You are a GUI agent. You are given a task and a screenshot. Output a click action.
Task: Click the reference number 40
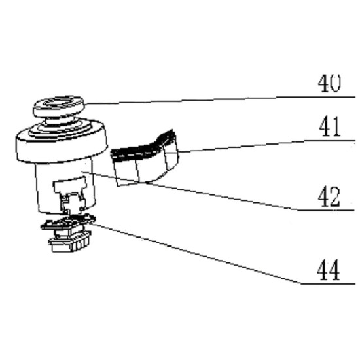(329, 83)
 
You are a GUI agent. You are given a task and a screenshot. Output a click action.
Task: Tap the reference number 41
(330, 127)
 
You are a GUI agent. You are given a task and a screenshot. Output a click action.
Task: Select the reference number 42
(329, 197)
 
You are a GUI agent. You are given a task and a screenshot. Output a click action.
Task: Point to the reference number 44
(329, 270)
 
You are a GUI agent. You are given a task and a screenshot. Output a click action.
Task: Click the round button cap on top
(59, 107)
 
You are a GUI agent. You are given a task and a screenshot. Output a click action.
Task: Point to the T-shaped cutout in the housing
(71, 192)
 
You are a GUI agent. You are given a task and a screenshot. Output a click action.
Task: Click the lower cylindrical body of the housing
(65, 186)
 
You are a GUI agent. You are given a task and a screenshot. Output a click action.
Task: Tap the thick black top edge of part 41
(142, 146)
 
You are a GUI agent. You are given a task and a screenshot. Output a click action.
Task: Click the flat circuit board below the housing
(69, 222)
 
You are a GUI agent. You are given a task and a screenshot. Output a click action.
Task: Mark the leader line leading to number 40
(220, 100)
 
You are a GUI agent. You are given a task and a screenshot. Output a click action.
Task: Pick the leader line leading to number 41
(266, 145)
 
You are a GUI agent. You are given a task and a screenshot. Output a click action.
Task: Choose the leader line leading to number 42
(219, 190)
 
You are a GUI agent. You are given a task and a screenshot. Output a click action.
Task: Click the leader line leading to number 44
(223, 253)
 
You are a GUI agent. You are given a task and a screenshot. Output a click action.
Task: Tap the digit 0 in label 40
(335, 83)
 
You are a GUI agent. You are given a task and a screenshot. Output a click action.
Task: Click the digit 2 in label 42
(334, 197)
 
